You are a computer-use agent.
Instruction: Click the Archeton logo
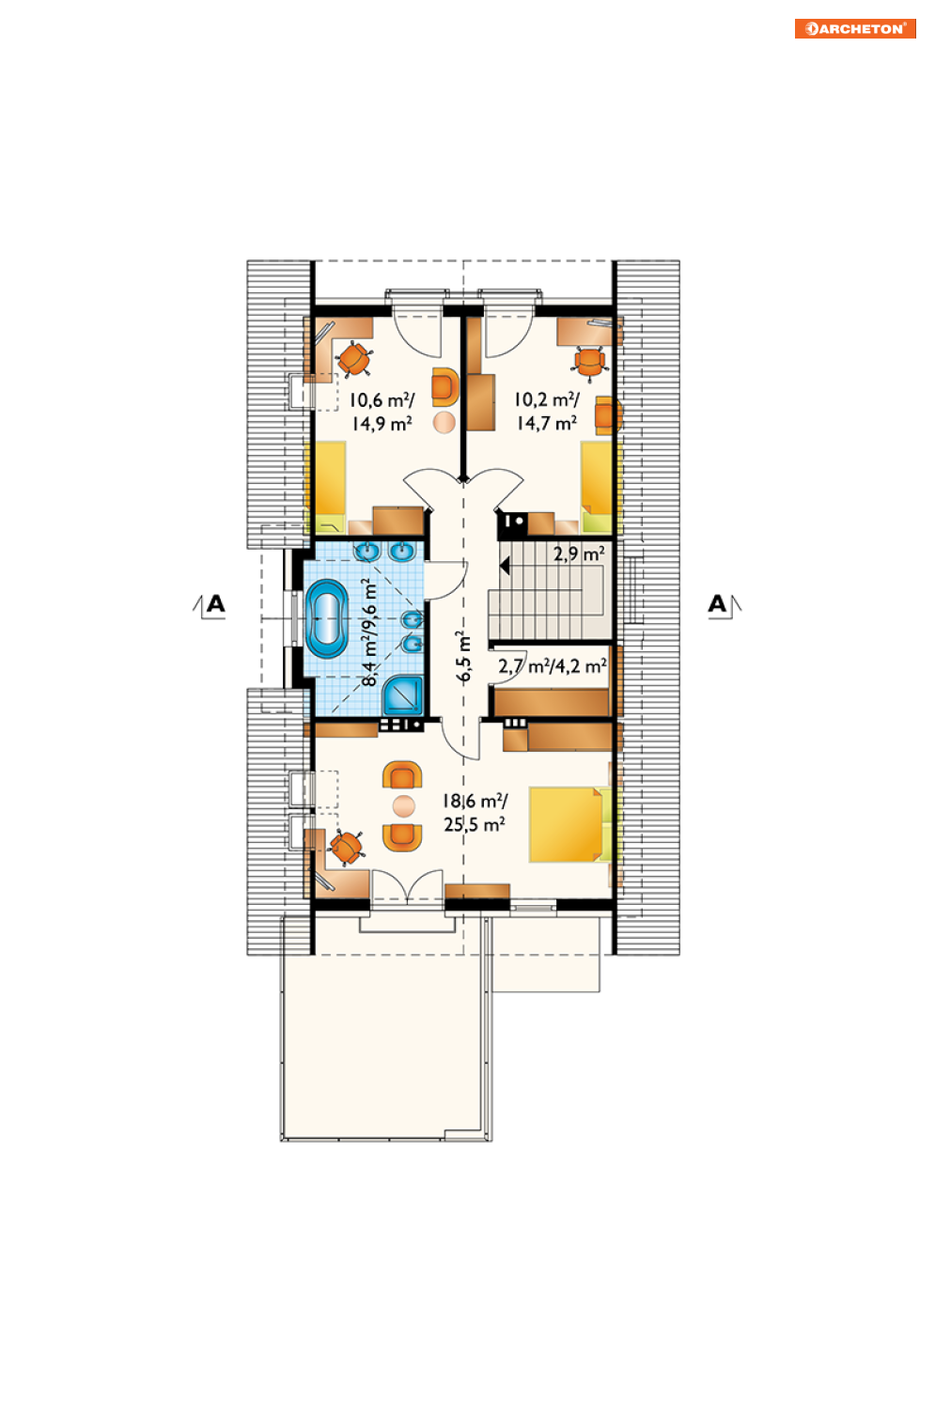coord(855,29)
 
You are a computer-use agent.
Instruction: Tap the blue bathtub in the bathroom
coord(326,618)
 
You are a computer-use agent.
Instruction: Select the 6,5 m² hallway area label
coord(463,657)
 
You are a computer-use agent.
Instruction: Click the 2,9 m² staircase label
coord(579,554)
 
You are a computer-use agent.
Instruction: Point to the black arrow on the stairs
coord(504,567)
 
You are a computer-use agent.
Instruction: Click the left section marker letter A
coord(215,604)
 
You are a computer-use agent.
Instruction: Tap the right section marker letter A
coord(717,604)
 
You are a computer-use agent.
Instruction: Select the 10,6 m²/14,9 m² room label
coord(382,412)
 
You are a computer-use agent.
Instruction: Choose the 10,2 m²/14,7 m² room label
coord(547,412)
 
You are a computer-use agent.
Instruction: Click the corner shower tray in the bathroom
coord(403,695)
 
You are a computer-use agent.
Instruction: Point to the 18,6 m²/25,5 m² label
coord(475,812)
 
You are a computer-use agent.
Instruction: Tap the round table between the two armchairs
coord(404,806)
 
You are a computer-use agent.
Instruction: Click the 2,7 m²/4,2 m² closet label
coord(553,666)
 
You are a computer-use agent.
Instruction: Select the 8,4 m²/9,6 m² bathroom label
coord(371,632)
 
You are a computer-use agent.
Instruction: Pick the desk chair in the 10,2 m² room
coord(590,363)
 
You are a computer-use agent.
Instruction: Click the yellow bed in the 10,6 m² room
coord(330,487)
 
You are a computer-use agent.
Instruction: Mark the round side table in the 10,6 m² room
coord(444,422)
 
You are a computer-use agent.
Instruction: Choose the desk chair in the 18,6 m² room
coord(346,848)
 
